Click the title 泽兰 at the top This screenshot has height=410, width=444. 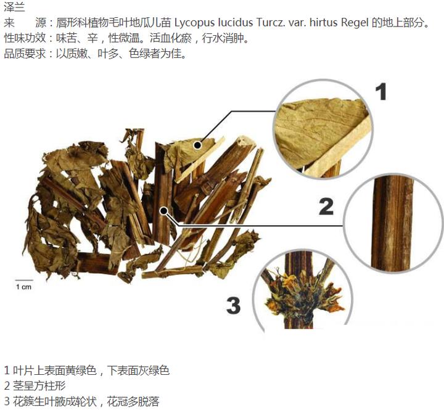14,8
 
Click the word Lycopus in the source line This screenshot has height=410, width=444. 194,23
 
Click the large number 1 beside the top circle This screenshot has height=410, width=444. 380,92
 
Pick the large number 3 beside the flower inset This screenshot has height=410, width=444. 233,305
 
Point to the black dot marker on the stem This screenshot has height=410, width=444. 164,211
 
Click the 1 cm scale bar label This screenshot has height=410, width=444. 23,287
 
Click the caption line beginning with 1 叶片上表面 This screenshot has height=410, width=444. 86,371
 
